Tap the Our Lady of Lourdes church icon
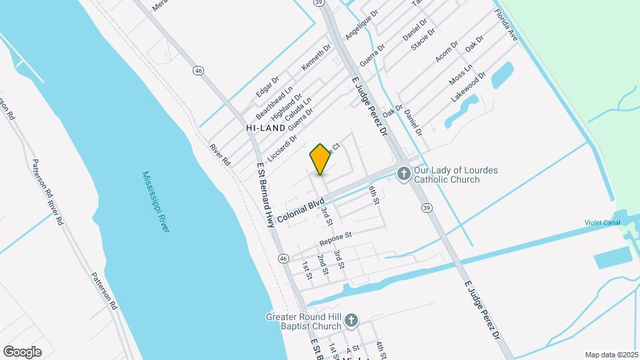(403, 175)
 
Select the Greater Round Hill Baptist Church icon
(352, 322)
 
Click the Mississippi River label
(156, 201)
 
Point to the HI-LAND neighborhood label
(265, 127)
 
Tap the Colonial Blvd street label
(301, 209)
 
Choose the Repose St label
(335, 237)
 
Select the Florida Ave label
(507, 23)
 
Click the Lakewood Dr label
(468, 87)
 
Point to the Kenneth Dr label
(316, 58)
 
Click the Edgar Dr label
(267, 86)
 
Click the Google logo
(22, 352)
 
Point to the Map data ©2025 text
(611, 355)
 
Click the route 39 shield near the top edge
(320, 3)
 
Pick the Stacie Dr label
(424, 39)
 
